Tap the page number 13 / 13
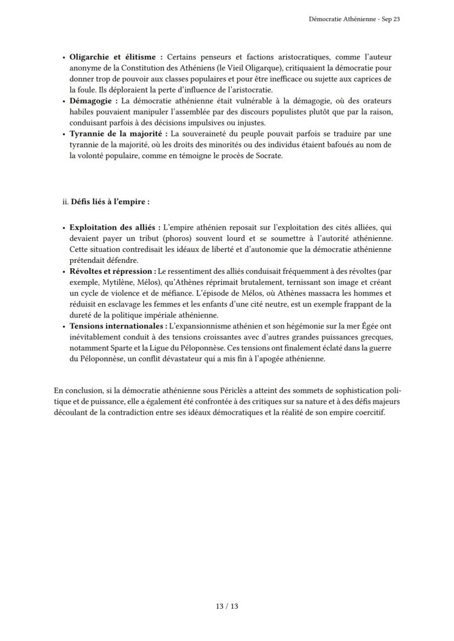click(x=226, y=606)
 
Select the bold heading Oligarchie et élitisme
click(x=115, y=57)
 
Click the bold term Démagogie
click(x=93, y=101)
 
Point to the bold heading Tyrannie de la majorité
click(x=119, y=134)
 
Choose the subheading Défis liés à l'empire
click(x=110, y=201)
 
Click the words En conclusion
click(x=76, y=391)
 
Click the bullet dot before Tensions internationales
click(x=64, y=326)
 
